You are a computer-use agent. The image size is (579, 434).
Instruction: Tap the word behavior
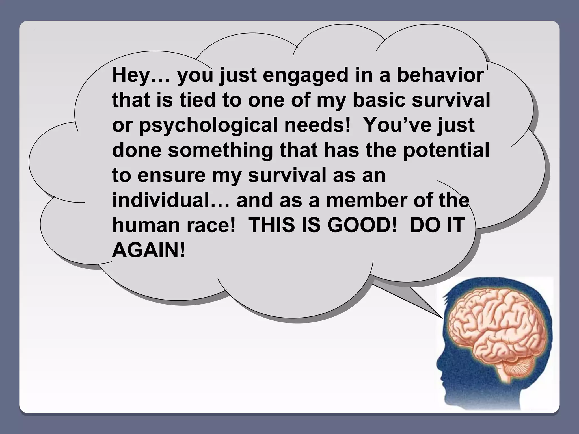click(x=440, y=75)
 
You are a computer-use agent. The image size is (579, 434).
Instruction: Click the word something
click(x=221, y=150)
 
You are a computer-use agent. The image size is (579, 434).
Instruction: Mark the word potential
click(x=446, y=150)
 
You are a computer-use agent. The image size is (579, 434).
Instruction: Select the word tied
click(x=198, y=100)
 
